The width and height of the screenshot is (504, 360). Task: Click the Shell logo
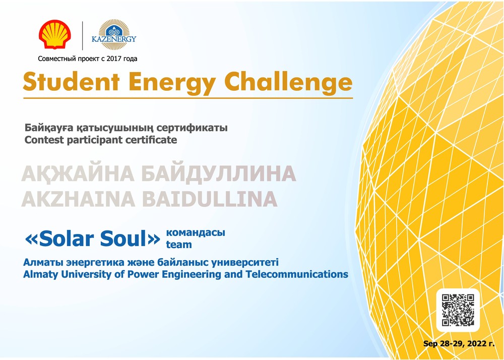pos(54,34)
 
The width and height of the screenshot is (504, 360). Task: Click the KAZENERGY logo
pos(114,35)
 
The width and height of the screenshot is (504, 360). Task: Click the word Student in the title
pos(72,82)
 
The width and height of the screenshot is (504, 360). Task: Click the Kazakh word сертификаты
pos(192,128)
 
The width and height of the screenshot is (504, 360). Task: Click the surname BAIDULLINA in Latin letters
pos(210,199)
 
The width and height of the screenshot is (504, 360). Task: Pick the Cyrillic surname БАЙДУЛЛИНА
pos(219,173)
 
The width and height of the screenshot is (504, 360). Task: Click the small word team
pos(179,245)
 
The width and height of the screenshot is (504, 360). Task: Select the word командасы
pos(196,232)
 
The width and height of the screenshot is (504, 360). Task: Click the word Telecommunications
pos(297,274)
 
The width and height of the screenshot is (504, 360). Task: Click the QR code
pos(458,310)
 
